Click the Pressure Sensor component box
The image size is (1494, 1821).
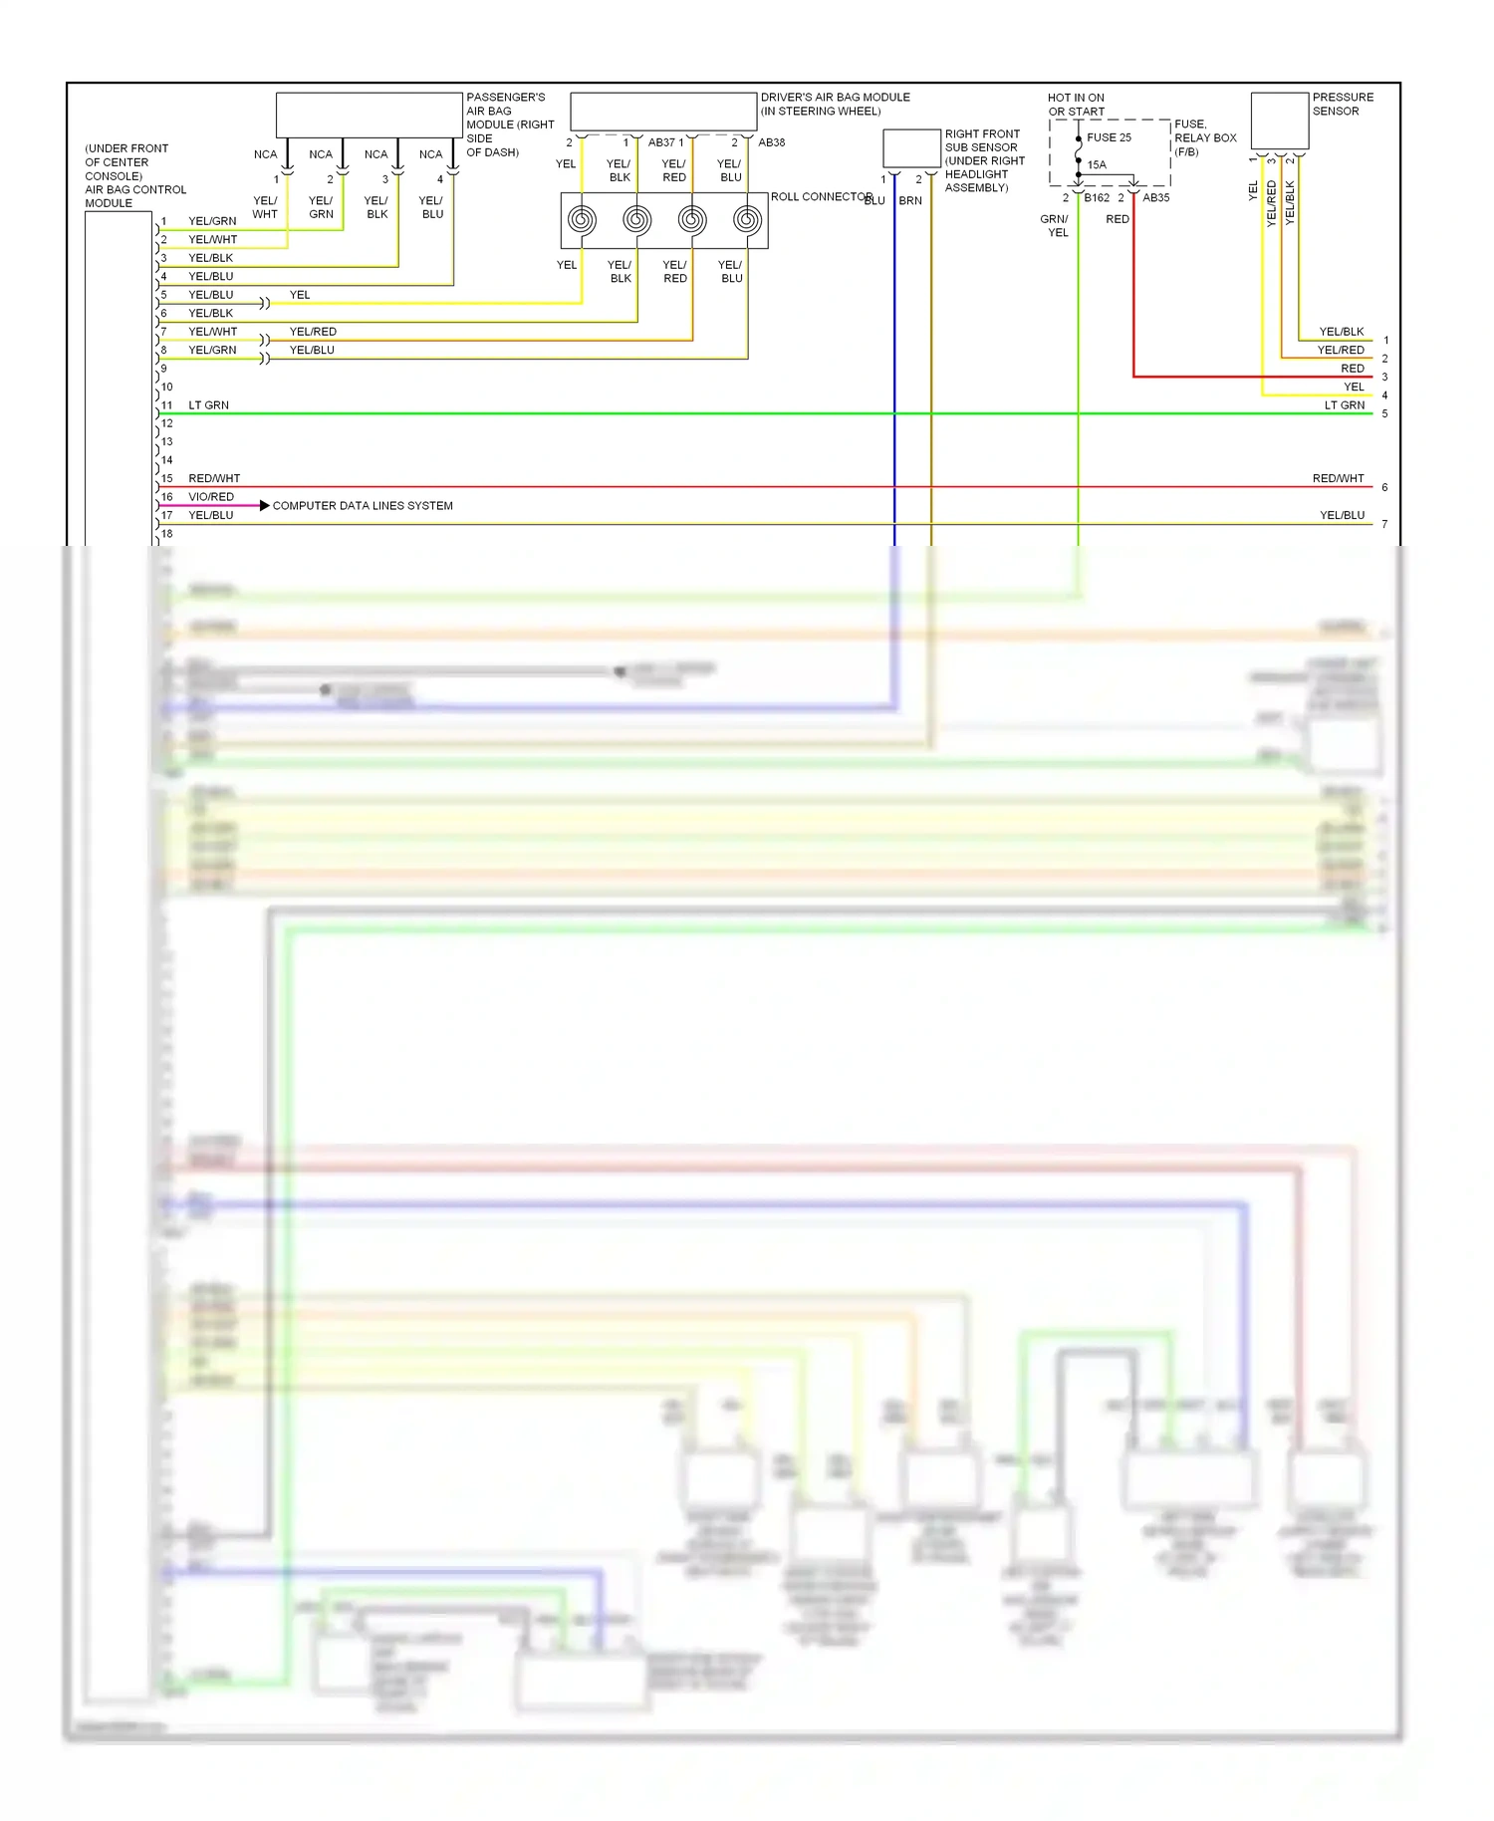click(x=1279, y=121)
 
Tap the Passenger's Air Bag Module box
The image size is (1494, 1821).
click(x=369, y=115)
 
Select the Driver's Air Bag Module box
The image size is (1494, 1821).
click(x=663, y=112)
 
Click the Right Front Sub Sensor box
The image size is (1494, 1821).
click(x=911, y=148)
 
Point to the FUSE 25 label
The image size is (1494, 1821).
click(x=1109, y=137)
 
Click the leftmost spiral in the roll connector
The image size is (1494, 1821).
click(x=583, y=219)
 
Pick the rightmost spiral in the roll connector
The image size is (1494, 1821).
click(x=747, y=219)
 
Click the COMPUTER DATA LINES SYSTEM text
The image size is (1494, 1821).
click(x=363, y=506)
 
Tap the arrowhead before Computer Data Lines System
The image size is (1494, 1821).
click(x=264, y=506)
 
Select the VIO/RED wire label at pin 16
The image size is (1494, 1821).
click(x=211, y=497)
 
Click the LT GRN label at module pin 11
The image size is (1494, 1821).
click(x=208, y=405)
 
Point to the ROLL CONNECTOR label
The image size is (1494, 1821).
click(x=821, y=197)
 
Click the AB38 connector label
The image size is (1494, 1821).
click(x=771, y=142)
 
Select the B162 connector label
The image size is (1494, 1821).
click(x=1097, y=198)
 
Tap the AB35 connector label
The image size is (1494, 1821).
click(x=1155, y=198)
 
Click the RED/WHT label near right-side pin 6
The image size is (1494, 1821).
click(x=1338, y=479)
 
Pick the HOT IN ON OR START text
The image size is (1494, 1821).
click(x=1076, y=105)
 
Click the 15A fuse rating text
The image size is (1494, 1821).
click(x=1097, y=165)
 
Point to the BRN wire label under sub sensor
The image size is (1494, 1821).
click(x=910, y=201)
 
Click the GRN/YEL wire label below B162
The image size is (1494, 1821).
click(x=1055, y=226)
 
